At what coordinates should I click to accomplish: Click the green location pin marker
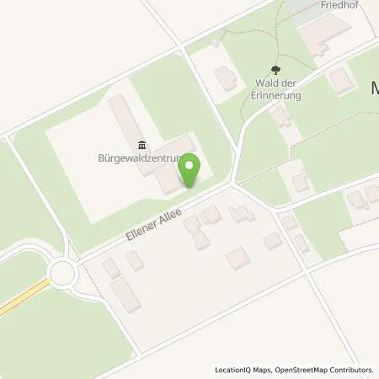click(x=190, y=170)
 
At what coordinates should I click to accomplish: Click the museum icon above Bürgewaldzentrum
click(x=140, y=144)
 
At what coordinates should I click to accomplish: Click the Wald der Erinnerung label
click(x=275, y=88)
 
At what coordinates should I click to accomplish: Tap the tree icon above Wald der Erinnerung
click(x=275, y=71)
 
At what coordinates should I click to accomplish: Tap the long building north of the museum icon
click(x=119, y=117)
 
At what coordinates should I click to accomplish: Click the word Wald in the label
click(x=269, y=83)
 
